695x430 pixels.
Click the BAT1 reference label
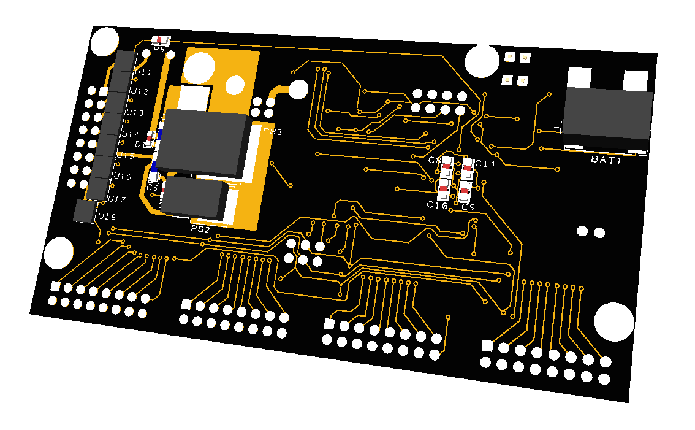coord(606,160)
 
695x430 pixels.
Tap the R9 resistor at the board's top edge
coord(160,40)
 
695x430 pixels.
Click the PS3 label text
coord(273,132)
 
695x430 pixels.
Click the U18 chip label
coord(107,217)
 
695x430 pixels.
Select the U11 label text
coord(143,72)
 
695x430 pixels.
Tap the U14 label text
coord(130,134)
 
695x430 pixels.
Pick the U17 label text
coord(116,199)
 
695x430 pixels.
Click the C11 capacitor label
coord(485,164)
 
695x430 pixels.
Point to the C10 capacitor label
coord(437,205)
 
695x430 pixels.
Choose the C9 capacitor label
coord(468,207)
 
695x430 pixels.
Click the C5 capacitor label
coord(152,186)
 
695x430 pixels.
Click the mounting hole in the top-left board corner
coord(105,42)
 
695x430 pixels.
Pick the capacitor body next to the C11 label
coord(468,167)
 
